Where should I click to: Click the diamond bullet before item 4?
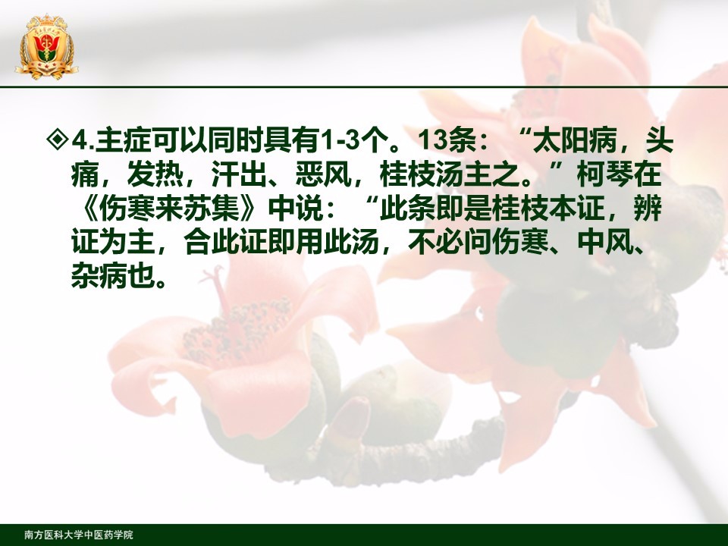(58, 140)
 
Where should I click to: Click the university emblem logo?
(46, 46)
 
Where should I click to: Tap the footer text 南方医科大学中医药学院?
(79, 535)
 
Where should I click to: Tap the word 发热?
(155, 174)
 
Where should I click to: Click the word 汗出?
(239, 174)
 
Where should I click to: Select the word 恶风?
(324, 174)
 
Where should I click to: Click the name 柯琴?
(605, 174)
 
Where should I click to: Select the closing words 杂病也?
(113, 278)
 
